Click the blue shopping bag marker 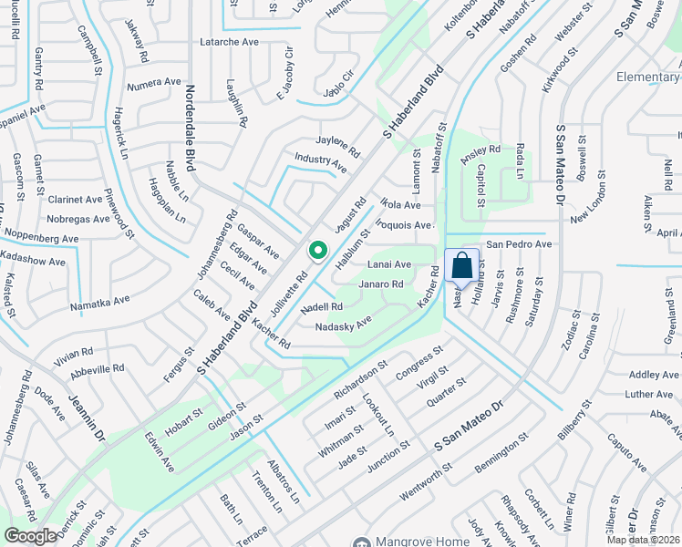[461, 267]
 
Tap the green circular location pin [317, 249]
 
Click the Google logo [30, 536]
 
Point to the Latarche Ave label [229, 42]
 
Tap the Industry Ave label [320, 163]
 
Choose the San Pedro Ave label [519, 244]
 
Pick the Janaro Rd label [381, 284]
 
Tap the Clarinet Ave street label [76, 199]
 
